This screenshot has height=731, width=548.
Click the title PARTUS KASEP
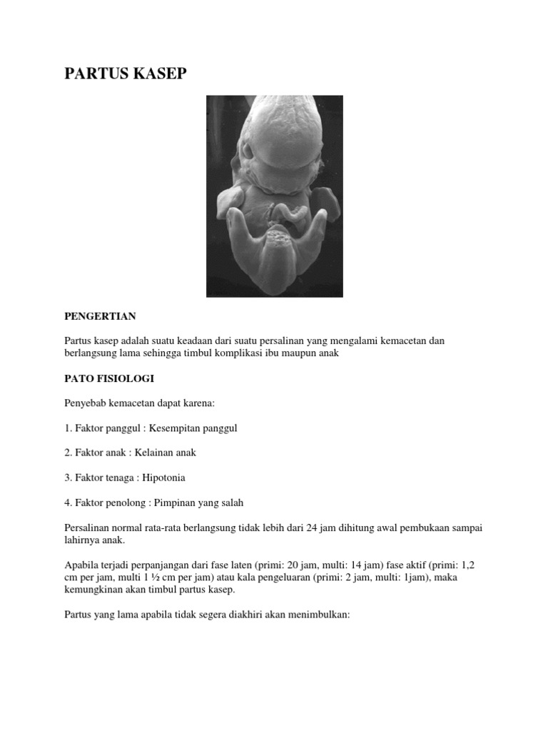click(x=126, y=74)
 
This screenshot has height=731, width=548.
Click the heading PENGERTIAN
click(x=100, y=316)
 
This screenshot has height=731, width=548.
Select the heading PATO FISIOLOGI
click(x=109, y=378)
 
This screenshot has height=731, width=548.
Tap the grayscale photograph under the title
click(x=275, y=196)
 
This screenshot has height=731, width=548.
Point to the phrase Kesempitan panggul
click(x=193, y=428)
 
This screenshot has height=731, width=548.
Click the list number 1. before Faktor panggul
click(x=68, y=428)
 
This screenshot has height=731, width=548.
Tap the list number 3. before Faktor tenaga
click(x=68, y=478)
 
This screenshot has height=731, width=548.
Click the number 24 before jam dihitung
click(x=311, y=528)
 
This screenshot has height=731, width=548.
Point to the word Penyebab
click(x=86, y=403)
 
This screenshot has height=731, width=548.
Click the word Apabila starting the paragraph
click(x=83, y=565)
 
